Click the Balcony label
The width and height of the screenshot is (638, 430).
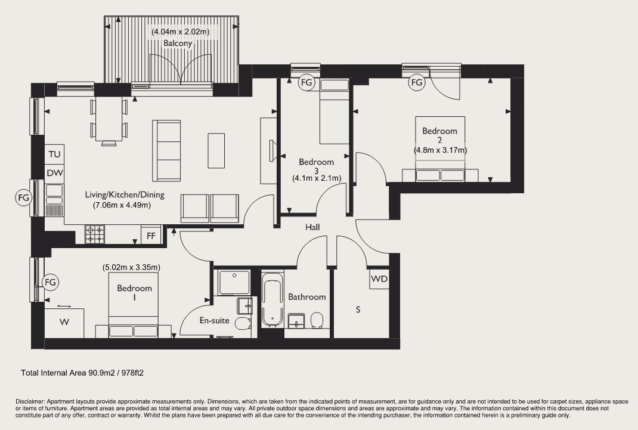click(178, 43)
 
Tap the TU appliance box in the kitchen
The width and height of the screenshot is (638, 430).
click(54, 154)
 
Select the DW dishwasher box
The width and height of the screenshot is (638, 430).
click(54, 173)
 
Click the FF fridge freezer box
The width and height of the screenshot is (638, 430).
click(151, 236)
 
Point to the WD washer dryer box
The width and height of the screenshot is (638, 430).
click(379, 279)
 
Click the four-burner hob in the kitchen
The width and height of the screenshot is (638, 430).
click(94, 234)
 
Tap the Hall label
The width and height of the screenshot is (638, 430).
click(312, 227)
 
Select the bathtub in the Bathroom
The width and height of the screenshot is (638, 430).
click(272, 300)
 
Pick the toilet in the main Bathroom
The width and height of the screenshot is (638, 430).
click(316, 321)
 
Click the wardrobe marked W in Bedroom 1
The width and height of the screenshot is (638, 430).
click(64, 323)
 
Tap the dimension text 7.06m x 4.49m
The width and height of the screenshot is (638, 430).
click(122, 205)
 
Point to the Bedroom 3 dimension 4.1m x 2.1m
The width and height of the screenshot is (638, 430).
click(317, 178)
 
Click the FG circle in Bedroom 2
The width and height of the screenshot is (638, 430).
click(417, 82)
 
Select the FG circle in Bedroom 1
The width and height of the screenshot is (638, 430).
click(51, 282)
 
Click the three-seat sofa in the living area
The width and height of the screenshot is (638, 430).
click(166, 150)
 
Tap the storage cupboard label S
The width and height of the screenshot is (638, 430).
click(358, 310)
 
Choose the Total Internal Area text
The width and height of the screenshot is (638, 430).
click(82, 373)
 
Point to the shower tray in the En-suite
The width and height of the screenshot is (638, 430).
click(234, 281)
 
